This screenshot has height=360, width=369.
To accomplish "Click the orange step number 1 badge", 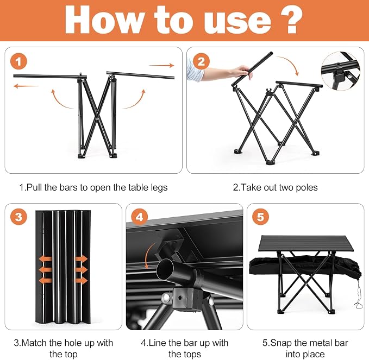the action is (x=18, y=61).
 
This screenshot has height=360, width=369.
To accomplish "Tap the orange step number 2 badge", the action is (x=201, y=61).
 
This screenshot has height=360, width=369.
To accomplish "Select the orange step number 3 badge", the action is (x=18, y=216).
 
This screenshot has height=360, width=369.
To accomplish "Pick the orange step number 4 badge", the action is (x=140, y=216).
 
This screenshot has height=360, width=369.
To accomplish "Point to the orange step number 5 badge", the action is (x=260, y=216).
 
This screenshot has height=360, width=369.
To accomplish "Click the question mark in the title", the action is (x=291, y=20).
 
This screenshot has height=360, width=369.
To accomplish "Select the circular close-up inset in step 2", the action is (x=341, y=71).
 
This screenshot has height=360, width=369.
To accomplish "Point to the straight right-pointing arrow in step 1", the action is (x=161, y=65).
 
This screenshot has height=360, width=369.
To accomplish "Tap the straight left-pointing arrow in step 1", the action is (x=26, y=86).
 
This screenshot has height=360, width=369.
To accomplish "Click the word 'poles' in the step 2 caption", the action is (x=307, y=187).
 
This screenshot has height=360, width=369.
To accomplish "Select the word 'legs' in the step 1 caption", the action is (x=160, y=188).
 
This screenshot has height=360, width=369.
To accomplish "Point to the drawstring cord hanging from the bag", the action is (x=358, y=295).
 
